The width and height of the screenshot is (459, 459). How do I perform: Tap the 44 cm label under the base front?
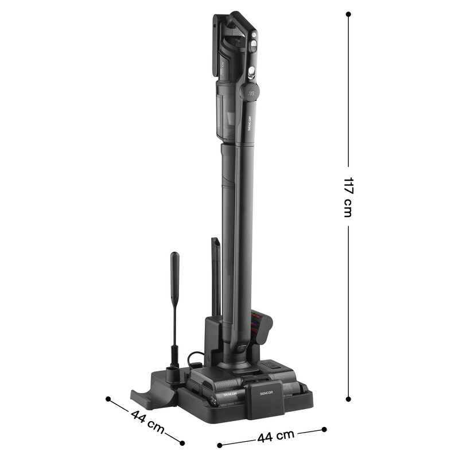(x=272, y=437)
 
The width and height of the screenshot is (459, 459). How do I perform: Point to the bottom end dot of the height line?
(x=348, y=399)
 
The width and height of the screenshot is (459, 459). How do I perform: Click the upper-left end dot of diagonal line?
(x=108, y=398)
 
